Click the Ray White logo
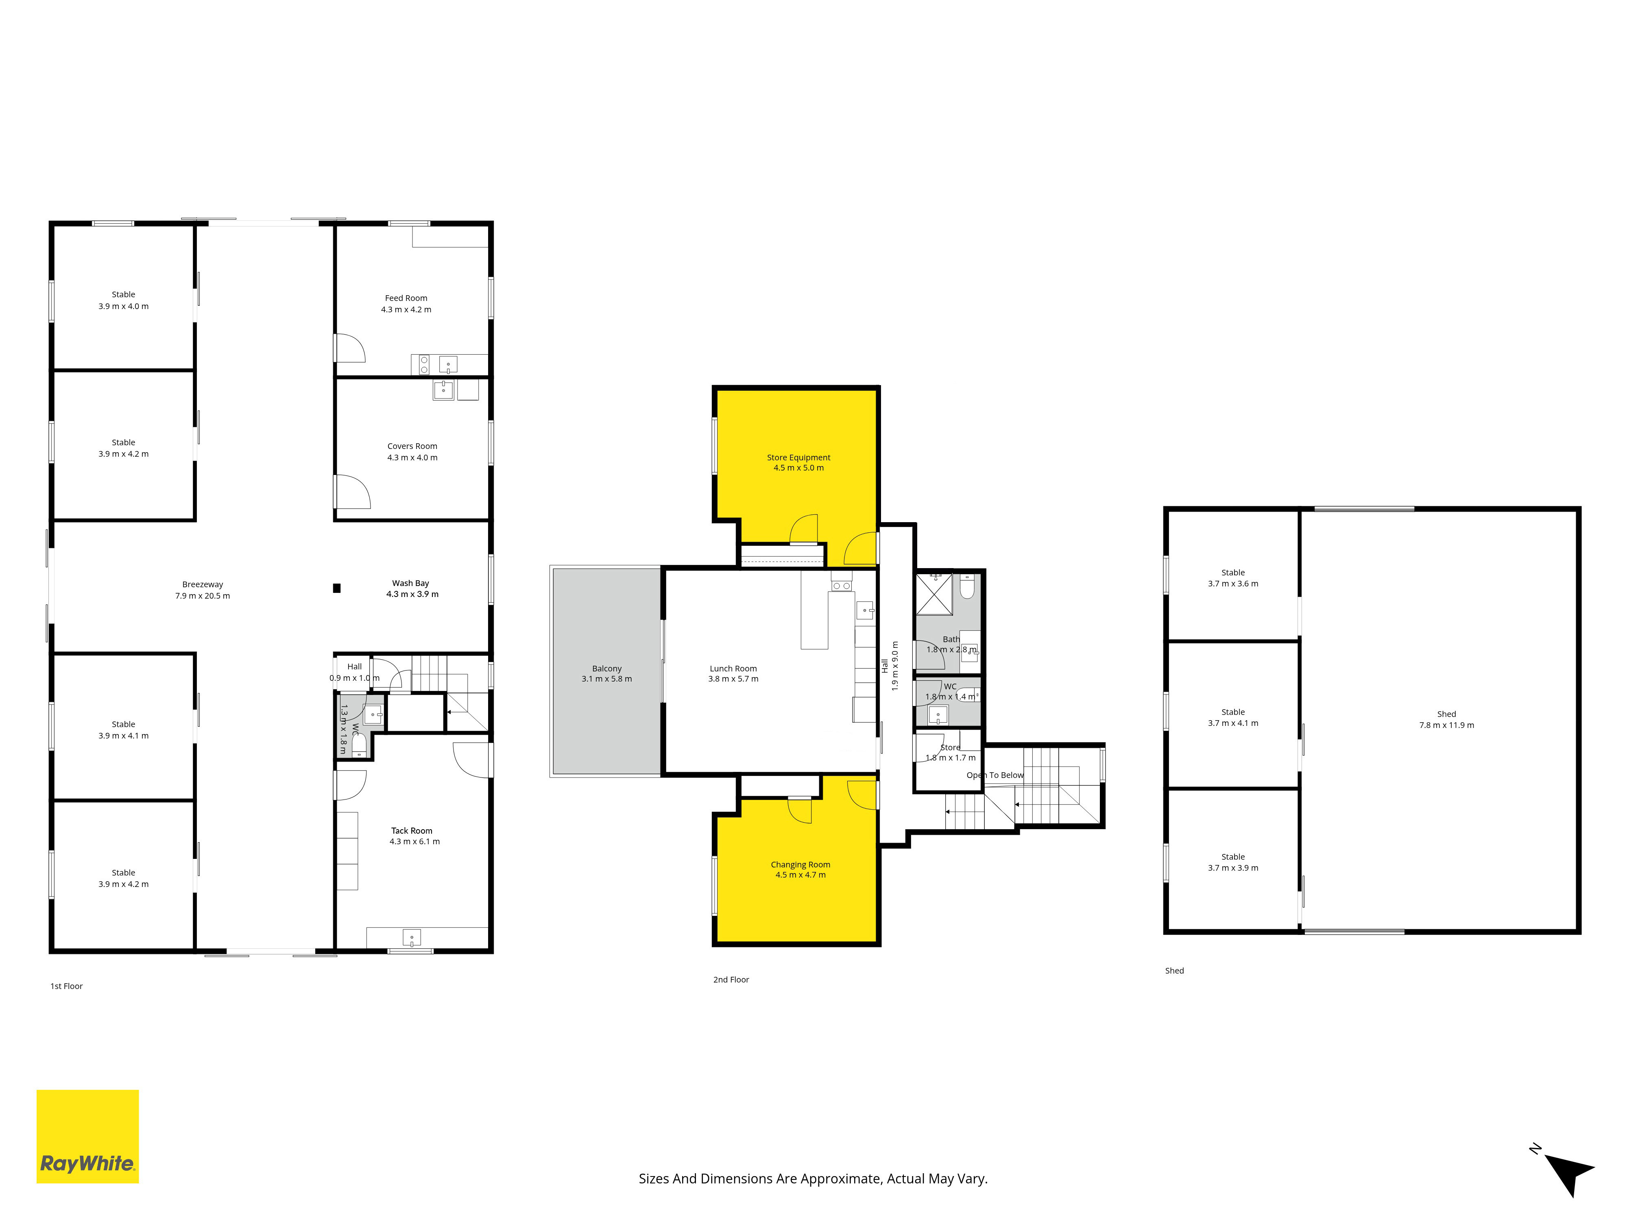pos(87,1136)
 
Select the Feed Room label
pos(406,298)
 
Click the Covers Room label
pos(412,446)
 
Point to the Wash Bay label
pos(410,583)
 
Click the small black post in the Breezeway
pos(337,588)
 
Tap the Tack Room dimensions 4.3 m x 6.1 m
pos(415,841)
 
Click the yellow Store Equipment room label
pos(799,457)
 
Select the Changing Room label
pos(800,865)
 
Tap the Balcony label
pos(607,669)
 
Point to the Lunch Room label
pos(733,669)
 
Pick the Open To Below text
pos(995,775)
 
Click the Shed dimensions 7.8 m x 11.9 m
pos(1447,725)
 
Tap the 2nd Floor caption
pos(731,980)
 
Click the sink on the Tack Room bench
pos(412,938)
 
